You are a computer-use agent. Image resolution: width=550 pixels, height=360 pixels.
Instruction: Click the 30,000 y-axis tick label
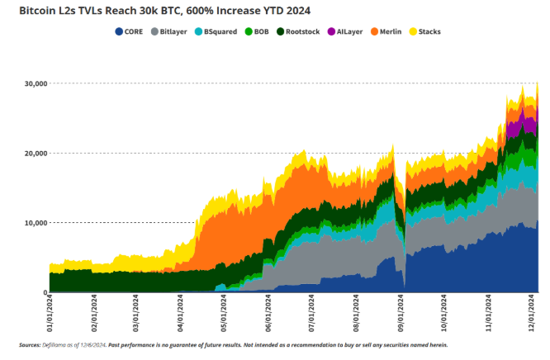[x=34, y=83]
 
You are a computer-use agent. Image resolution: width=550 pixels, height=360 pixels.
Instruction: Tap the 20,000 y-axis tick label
[x=34, y=154]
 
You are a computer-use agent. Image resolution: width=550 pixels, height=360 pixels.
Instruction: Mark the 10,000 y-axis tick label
[x=34, y=223]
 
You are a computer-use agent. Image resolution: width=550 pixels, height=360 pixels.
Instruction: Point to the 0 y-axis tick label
[x=43, y=292]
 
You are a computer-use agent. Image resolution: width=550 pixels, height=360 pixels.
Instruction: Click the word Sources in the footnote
[x=30, y=344]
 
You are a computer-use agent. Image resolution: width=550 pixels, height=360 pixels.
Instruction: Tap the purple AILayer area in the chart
[x=519, y=126]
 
